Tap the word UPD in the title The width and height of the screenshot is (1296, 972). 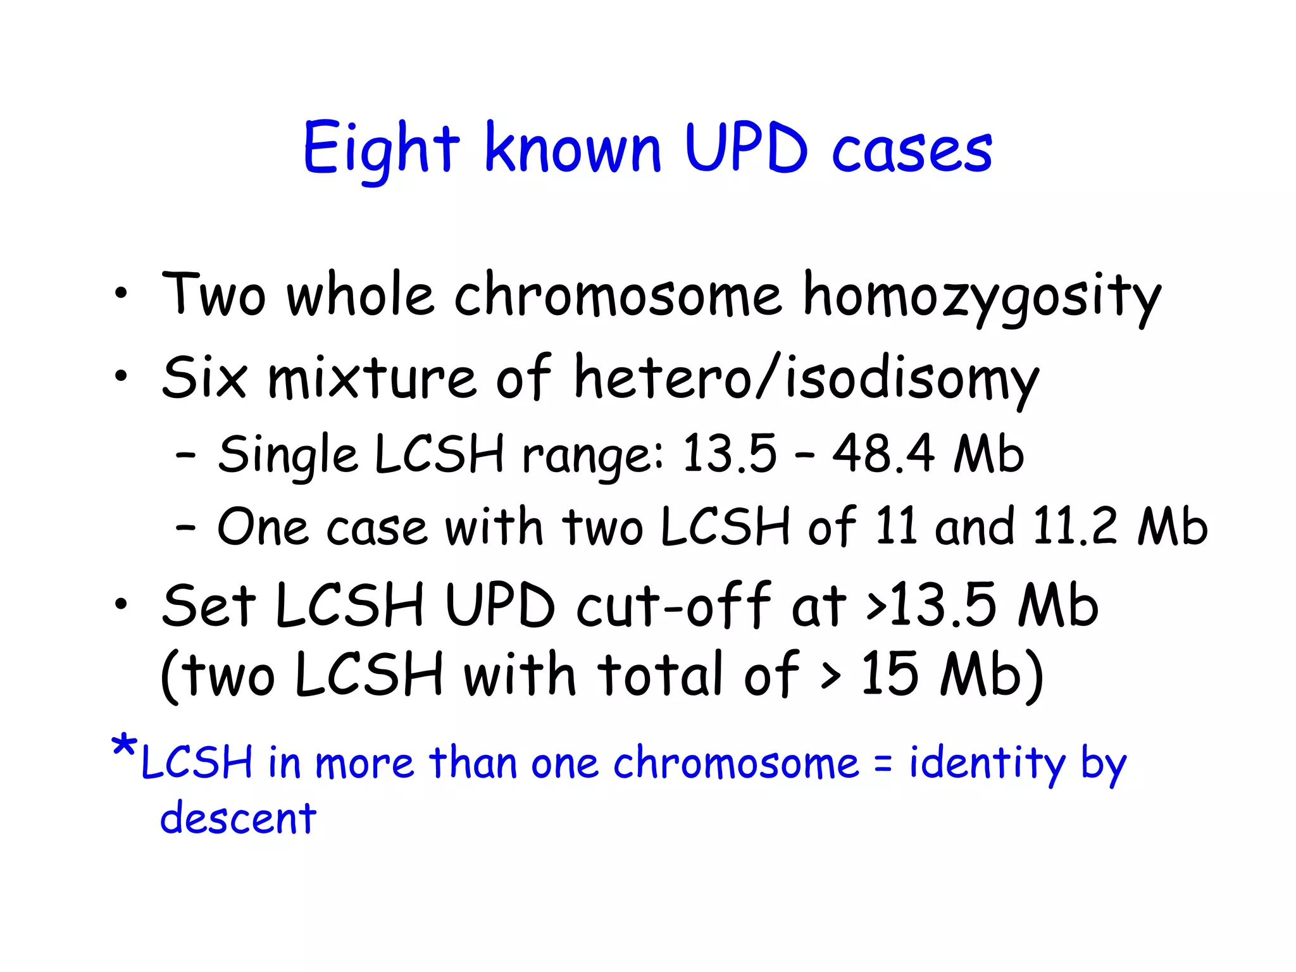tap(746, 148)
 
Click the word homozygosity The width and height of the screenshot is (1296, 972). tap(981, 296)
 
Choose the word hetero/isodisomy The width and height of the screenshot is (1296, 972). tap(806, 379)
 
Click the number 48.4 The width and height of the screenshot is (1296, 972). tap(883, 454)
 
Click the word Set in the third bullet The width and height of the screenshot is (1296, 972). tap(209, 606)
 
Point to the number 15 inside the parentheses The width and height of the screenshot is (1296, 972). tap(890, 674)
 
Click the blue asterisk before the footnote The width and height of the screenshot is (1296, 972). tap(123, 747)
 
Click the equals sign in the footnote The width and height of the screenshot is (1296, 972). tap(883, 764)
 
